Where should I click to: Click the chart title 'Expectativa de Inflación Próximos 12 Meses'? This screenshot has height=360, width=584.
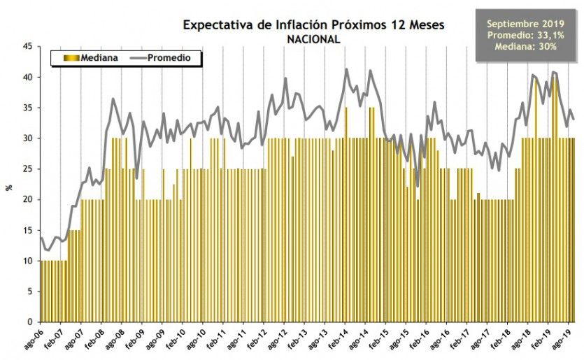[x=313, y=25]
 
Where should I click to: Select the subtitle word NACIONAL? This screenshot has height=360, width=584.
[x=313, y=39]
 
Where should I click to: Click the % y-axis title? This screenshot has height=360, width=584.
[x=9, y=186]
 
